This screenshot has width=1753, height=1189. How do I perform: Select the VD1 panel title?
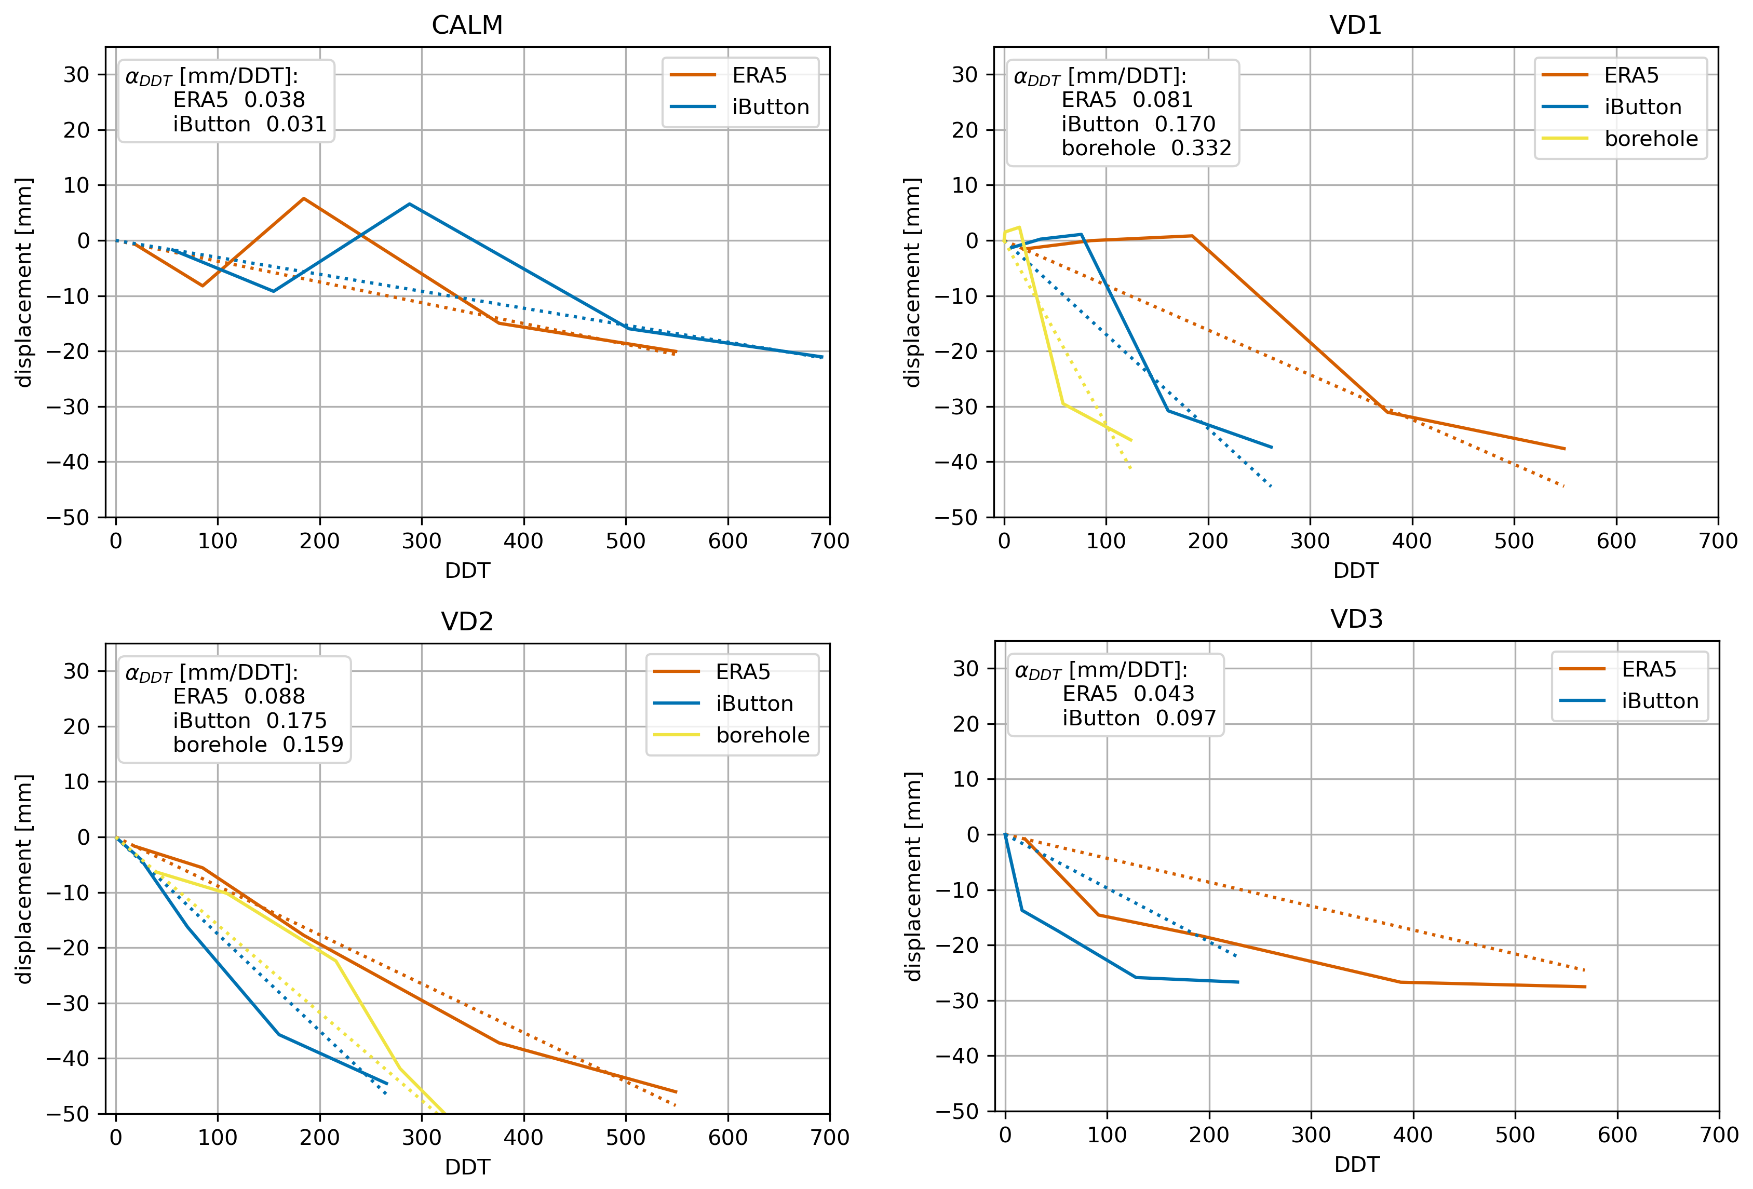(x=1355, y=25)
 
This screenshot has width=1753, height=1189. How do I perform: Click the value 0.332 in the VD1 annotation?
(x=1201, y=148)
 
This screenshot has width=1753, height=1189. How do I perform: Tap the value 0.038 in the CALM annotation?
(x=275, y=100)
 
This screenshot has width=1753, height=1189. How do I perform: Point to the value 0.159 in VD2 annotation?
(x=313, y=745)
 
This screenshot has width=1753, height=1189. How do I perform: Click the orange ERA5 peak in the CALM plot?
(x=304, y=198)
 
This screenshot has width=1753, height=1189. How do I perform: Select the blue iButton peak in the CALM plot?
(x=410, y=204)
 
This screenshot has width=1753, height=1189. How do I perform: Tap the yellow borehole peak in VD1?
(x=1019, y=227)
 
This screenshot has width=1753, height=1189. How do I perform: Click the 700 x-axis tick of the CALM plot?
(x=830, y=541)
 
